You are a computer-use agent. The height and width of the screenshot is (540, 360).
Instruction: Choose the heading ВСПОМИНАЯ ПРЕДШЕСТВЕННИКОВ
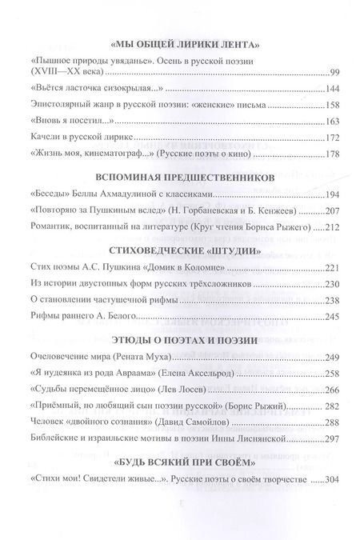[186, 175]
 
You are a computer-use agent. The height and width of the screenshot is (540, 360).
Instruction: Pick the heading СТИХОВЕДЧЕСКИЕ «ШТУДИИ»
[186, 248]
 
